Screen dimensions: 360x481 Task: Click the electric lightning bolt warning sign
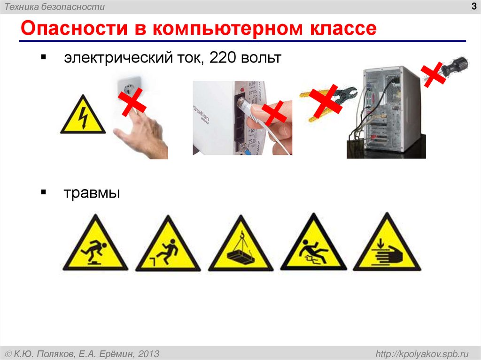click(83, 116)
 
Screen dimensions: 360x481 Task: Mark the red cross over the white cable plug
click(274, 113)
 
